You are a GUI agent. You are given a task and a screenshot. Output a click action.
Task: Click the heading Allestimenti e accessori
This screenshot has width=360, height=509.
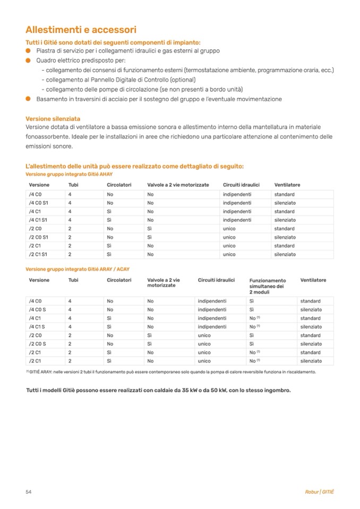click(x=81, y=30)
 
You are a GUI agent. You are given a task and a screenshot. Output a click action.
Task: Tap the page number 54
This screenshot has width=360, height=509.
click(x=29, y=491)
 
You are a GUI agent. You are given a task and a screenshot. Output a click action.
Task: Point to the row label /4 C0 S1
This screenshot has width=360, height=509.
click(x=39, y=203)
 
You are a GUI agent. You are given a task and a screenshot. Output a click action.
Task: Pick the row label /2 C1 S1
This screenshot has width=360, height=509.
click(x=39, y=254)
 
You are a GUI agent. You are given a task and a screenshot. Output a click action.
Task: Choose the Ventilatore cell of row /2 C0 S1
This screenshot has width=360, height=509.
click(x=285, y=237)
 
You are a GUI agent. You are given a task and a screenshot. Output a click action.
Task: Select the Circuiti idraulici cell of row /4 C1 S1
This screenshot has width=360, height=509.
click(x=237, y=220)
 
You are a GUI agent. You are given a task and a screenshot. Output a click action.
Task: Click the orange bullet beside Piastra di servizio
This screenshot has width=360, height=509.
click(x=29, y=50)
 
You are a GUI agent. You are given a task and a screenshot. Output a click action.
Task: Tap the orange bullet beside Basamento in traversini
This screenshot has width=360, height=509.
click(x=29, y=99)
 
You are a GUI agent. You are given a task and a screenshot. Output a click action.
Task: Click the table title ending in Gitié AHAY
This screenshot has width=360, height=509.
click(x=69, y=174)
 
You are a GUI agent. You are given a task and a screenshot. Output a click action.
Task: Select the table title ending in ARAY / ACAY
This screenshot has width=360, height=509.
click(x=78, y=269)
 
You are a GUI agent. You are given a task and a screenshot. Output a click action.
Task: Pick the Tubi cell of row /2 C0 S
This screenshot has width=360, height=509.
click(x=70, y=344)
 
